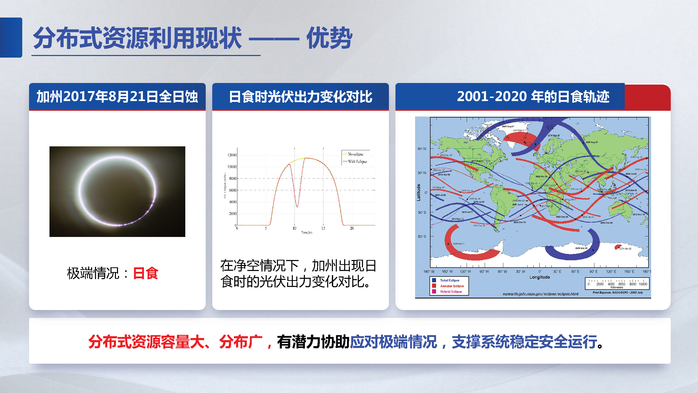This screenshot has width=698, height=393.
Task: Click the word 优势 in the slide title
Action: [329, 38]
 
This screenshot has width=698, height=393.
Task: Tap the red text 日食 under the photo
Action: [146, 273]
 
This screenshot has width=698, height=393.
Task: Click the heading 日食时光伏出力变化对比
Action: [300, 97]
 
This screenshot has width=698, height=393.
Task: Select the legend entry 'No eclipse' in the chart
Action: [355, 154]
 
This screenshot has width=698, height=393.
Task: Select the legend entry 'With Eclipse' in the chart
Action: [357, 162]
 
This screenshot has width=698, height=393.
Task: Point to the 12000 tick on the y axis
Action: [232, 155]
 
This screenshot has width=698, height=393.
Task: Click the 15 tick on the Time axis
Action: [323, 228]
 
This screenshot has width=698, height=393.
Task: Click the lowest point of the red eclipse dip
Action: [297, 207]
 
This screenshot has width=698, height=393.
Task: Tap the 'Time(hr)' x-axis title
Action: [306, 233]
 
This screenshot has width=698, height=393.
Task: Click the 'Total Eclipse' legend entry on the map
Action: [450, 280]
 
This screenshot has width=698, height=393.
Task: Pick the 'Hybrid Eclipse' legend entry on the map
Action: [451, 292]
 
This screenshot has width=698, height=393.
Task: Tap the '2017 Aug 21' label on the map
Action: [477, 161]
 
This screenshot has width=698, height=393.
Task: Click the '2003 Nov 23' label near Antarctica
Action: [581, 248]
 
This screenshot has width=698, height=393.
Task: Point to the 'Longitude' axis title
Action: [539, 277]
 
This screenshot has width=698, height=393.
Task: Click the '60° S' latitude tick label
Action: [422, 236]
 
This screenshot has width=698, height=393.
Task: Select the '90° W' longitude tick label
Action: [484, 271]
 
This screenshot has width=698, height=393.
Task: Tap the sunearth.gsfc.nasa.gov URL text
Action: [540, 294]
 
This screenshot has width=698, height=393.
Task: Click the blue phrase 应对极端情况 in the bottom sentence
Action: [393, 342]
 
